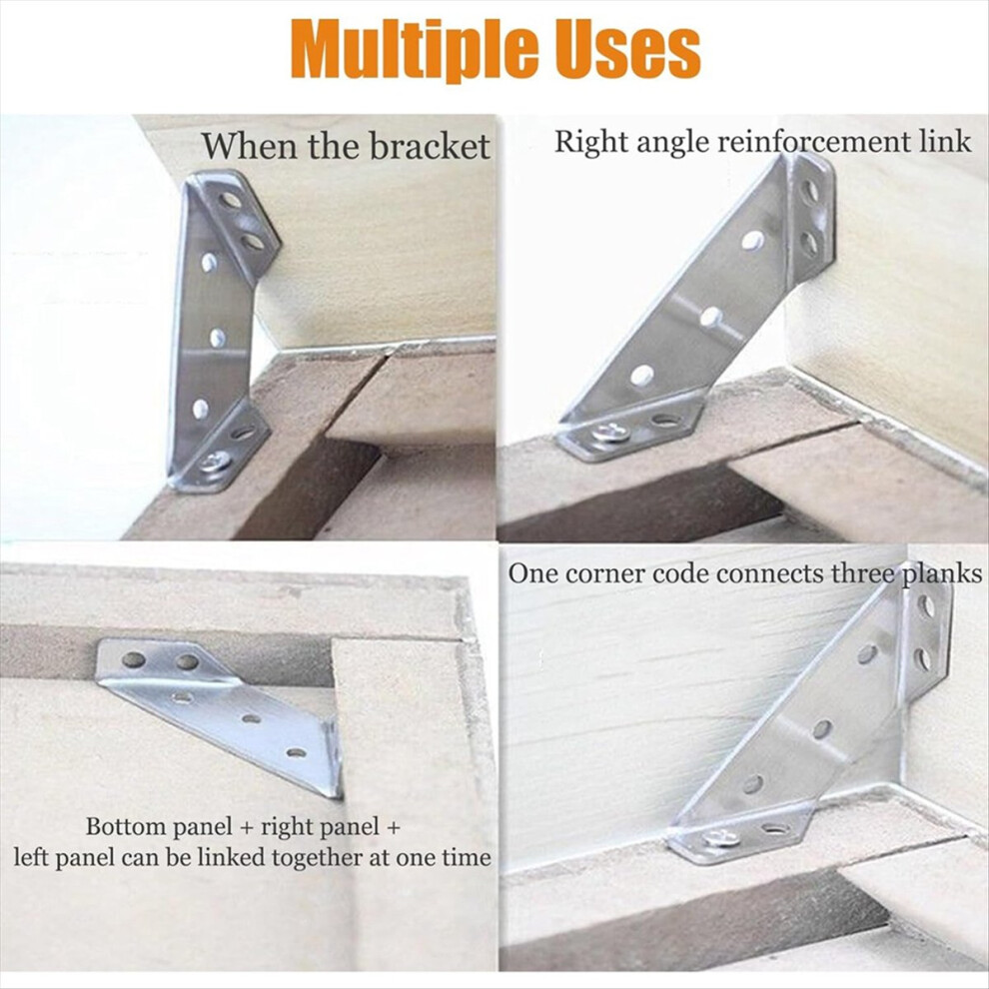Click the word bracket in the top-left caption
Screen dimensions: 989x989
coord(430,146)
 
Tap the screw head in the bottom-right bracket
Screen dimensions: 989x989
coord(721,837)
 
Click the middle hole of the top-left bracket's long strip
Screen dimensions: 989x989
coord(218,338)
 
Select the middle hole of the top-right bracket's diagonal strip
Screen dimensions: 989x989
coord(711,316)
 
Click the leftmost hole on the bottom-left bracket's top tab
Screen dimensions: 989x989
coord(133,659)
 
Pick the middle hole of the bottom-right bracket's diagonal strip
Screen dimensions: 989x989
coord(821,730)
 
